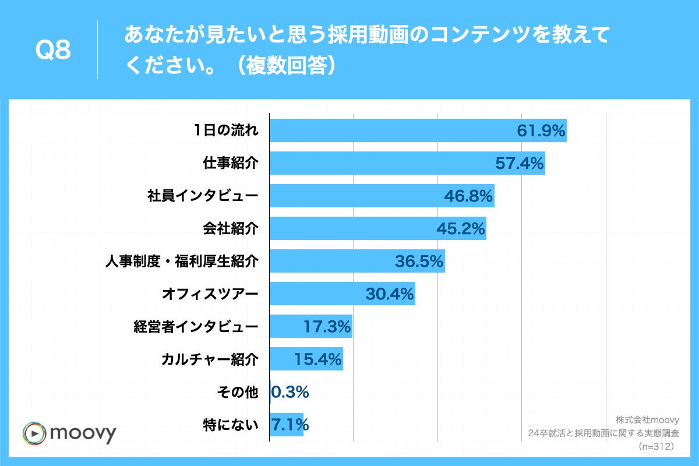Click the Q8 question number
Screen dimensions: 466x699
pos(53,50)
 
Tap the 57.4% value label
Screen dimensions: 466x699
pos(519,164)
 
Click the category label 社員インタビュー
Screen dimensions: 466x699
pos(202,196)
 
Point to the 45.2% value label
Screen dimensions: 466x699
pos(461,229)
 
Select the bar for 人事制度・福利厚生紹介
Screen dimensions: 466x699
pos(357,262)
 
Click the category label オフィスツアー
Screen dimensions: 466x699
pos(209,294)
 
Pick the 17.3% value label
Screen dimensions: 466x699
pos(327,327)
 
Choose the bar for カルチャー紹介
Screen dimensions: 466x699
pos(306,359)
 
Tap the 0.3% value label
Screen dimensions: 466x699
pos(290,393)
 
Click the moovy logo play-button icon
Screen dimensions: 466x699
pos(34,433)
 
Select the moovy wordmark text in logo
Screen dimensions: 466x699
pos(83,433)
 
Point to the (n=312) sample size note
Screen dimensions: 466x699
pos(656,446)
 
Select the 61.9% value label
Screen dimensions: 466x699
pos(541,131)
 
